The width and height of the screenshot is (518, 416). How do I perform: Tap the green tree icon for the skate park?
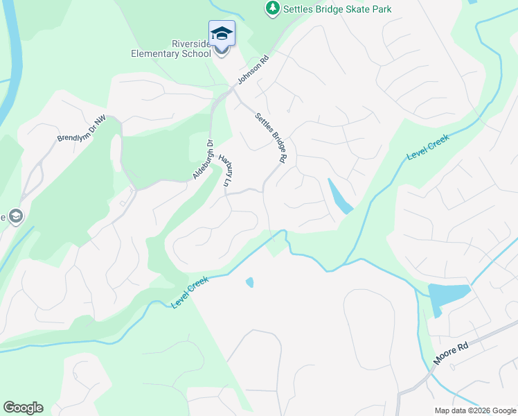[x=273, y=8]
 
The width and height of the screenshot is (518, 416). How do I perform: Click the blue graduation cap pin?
[x=222, y=34]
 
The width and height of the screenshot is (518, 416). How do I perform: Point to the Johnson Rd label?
[x=252, y=71]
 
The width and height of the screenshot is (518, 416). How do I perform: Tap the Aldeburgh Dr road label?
[x=202, y=160]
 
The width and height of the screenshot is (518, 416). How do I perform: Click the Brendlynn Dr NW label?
[x=82, y=130]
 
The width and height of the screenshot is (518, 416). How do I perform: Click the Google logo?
[x=23, y=408]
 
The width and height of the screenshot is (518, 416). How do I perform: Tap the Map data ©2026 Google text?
[x=474, y=410]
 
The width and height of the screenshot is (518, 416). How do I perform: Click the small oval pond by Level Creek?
[x=249, y=282]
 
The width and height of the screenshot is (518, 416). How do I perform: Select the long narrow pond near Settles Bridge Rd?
[x=339, y=197]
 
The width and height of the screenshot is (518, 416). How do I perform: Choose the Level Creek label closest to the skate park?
[x=428, y=148]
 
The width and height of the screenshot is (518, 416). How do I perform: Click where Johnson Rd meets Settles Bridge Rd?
[x=233, y=90]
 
